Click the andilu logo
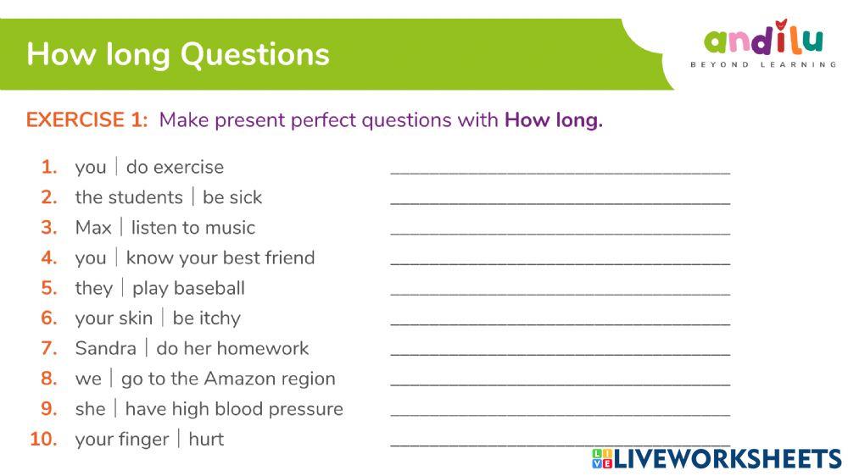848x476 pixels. [763, 40]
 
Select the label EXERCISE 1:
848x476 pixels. [86, 120]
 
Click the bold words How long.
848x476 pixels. [553, 120]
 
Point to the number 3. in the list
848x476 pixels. [49, 228]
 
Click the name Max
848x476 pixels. [93, 228]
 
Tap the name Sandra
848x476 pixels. [105, 348]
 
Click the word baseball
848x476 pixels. [207, 288]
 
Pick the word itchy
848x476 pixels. [220, 318]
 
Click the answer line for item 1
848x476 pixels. [560, 169]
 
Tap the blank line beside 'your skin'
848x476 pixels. [560, 321]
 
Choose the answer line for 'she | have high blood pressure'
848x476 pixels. [560, 412]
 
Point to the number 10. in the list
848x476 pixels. [44, 440]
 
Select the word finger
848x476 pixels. [143, 440]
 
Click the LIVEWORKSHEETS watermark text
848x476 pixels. [726, 459]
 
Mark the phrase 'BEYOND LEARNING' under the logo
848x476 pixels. [763, 65]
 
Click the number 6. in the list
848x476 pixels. [49, 318]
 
